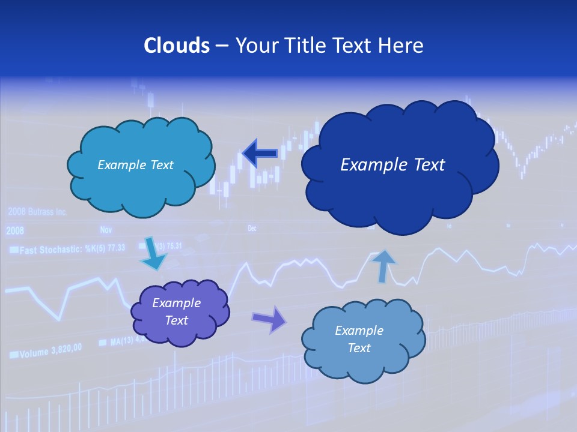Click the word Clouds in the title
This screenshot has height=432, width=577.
(177, 46)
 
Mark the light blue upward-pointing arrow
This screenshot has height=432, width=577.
(383, 265)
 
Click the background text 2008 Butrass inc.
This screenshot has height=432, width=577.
(37, 212)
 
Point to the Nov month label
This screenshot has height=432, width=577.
(106, 229)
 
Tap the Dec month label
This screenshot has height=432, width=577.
(252, 229)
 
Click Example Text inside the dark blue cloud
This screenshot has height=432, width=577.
(392, 165)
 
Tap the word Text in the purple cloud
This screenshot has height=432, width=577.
(177, 321)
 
